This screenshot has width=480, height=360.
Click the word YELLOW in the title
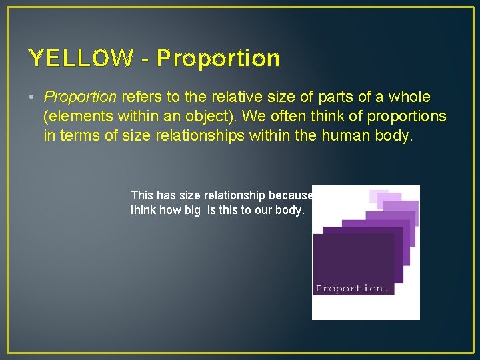[x=81, y=59]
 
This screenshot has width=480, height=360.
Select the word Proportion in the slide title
[x=219, y=59]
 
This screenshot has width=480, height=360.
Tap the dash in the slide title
[x=145, y=59]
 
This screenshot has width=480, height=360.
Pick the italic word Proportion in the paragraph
[x=80, y=97]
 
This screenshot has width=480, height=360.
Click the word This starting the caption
[x=142, y=195]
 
